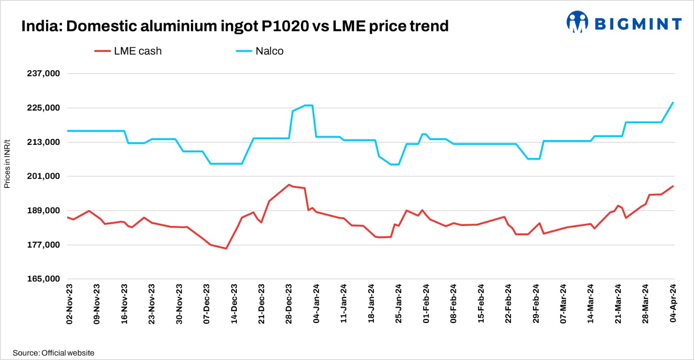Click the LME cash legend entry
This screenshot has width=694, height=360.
click(128, 51)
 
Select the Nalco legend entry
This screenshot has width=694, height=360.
click(260, 51)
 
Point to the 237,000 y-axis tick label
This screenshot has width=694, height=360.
click(43, 73)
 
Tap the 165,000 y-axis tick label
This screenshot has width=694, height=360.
click(43, 279)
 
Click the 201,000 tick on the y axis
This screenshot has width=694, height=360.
click(43, 176)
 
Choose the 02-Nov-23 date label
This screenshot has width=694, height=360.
click(69, 304)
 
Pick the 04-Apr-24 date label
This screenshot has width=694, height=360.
click(673, 304)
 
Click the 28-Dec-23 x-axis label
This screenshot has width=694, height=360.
click(289, 304)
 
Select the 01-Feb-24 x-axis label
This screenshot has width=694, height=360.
click(426, 304)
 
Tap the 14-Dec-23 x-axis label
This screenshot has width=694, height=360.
click(234, 304)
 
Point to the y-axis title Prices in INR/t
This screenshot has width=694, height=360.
click(7, 164)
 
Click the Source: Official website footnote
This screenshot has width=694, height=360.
click(53, 353)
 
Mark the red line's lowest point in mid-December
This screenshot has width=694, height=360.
click(226, 249)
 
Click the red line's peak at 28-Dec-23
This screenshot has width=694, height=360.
click(289, 185)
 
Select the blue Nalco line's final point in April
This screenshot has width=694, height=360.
click(673, 103)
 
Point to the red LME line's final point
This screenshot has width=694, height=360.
click(673, 187)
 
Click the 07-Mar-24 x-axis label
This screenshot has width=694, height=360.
click(563, 304)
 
